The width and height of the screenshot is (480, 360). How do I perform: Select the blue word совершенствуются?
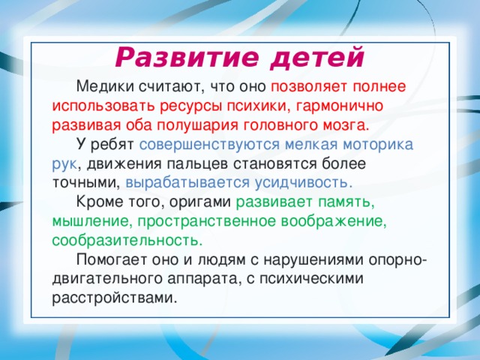pos(204,143)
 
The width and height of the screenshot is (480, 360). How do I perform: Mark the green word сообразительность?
pos(127,241)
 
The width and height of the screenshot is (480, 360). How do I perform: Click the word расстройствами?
pos(115,299)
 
